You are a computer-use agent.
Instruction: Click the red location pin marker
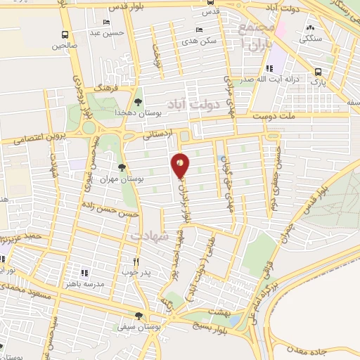click(181, 165)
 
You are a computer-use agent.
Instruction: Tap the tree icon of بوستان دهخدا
click(137, 103)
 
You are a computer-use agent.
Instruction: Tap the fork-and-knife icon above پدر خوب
click(146, 261)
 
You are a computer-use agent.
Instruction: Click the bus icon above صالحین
click(65, 34)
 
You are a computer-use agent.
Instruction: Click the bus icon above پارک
click(319, 72)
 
